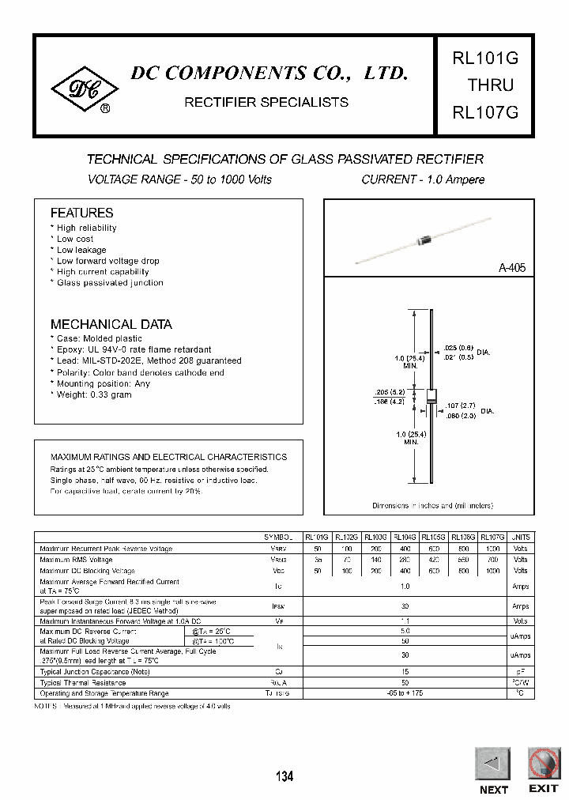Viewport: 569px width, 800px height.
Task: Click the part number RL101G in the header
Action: click(x=484, y=58)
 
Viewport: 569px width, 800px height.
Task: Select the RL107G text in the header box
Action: click(x=484, y=111)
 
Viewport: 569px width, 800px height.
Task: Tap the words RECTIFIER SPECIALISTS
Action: click(x=266, y=102)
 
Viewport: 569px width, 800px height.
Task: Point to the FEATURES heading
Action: click(x=81, y=213)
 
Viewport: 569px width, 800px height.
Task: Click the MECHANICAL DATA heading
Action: click(x=111, y=324)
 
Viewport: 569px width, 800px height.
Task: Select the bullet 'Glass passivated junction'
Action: click(x=109, y=283)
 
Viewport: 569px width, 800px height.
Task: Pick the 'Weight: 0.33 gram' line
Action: click(x=93, y=394)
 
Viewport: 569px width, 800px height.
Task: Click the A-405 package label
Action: click(x=511, y=268)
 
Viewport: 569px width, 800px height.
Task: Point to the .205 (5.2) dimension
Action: click(x=390, y=392)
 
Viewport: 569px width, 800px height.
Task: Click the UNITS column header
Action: click(x=521, y=537)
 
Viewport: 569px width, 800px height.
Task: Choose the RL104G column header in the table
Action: click(x=404, y=537)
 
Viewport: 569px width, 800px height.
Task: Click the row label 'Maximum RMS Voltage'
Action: click(x=76, y=559)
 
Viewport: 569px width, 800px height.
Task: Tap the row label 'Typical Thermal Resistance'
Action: click(x=83, y=682)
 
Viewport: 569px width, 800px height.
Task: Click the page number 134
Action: click(x=284, y=777)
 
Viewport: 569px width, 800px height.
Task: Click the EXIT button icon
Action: click(x=544, y=764)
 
